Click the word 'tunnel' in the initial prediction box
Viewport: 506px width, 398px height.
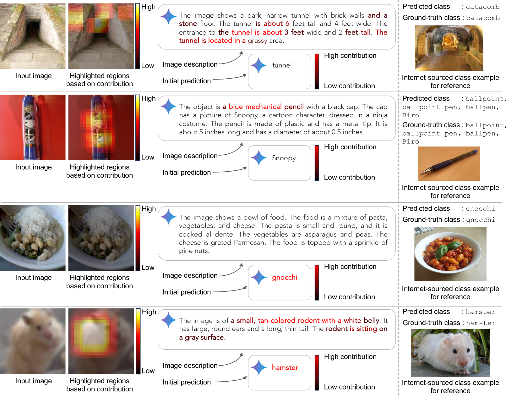(282, 65)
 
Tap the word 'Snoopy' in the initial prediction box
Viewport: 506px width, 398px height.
(284, 158)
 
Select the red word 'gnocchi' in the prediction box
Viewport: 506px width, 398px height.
(285, 277)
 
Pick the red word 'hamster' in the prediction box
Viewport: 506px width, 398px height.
(285, 368)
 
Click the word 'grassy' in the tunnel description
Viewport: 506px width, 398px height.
(257, 41)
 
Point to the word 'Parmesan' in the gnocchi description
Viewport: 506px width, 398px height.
(250, 242)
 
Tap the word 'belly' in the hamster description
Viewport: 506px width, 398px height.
(372, 321)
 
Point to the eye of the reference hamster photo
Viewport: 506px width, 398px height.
(455, 351)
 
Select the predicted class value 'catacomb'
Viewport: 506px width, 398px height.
(482, 7)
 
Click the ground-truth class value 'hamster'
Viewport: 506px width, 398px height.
(481, 323)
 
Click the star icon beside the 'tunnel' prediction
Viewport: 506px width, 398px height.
(258, 65)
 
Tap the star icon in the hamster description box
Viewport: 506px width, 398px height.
(169, 320)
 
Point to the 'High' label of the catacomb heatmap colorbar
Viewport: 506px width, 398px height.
(148, 7)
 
